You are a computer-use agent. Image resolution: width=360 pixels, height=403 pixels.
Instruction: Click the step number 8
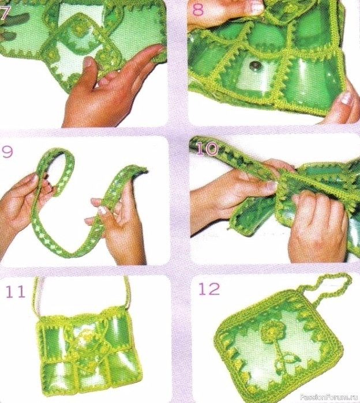198,9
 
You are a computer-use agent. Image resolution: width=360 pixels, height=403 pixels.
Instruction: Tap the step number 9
7,152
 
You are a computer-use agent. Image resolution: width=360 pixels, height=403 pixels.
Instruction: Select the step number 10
207,149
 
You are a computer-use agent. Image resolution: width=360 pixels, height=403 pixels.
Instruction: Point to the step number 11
16,292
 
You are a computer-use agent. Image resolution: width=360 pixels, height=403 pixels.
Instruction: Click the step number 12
209,289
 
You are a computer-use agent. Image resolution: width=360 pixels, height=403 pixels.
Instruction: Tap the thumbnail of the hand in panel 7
88,62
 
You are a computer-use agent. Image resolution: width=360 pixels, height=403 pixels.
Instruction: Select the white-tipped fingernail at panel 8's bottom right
346,98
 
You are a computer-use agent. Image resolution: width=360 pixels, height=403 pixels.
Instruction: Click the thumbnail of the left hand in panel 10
271,186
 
